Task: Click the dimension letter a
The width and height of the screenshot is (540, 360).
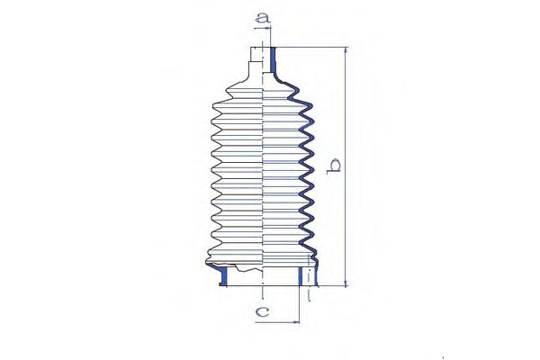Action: pos(263,18)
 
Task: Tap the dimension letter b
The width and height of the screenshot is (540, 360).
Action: pos(334,166)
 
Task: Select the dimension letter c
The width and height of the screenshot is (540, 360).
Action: pos(263,311)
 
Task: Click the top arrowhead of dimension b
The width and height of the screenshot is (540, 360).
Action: pos(346,49)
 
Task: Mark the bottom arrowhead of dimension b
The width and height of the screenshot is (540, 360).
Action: pos(346,283)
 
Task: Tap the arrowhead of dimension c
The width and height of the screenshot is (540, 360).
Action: pos(296,322)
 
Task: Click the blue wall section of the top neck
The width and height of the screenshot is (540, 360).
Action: pos(273,60)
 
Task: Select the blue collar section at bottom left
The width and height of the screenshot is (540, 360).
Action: pos(223,275)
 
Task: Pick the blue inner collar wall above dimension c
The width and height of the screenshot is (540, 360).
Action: pos(301,276)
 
